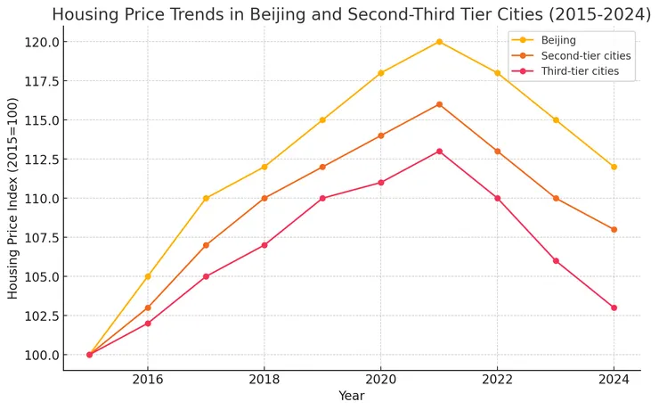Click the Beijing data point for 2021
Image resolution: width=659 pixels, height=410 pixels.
pyautogui.click(x=439, y=42)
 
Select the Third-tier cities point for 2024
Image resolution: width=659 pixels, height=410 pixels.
pyautogui.click(x=614, y=307)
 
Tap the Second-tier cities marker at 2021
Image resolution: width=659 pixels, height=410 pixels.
pyautogui.click(x=439, y=104)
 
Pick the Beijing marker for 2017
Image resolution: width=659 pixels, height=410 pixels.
pyautogui.click(x=206, y=198)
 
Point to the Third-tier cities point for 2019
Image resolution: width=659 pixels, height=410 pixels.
pyautogui.click(x=322, y=198)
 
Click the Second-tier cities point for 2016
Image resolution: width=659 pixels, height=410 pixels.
pyautogui.click(x=148, y=307)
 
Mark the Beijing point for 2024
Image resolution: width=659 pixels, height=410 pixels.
pyautogui.click(x=614, y=167)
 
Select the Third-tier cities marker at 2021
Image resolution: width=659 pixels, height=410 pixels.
pyautogui.click(x=439, y=152)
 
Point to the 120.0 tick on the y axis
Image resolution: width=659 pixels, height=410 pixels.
pyautogui.click(x=42, y=42)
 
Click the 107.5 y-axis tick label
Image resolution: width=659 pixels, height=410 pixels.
pyautogui.click(x=42, y=238)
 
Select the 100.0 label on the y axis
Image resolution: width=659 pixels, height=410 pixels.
pyautogui.click(x=42, y=355)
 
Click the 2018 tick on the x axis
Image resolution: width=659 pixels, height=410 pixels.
pyautogui.click(x=264, y=379)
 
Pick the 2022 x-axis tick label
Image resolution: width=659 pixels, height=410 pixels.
pyautogui.click(x=497, y=379)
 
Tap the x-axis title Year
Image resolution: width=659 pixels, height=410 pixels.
pyautogui.click(x=352, y=396)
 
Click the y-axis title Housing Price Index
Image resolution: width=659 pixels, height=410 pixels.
pyautogui.click(x=12, y=198)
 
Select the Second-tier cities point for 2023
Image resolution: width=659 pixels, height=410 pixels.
pyautogui.click(x=556, y=198)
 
